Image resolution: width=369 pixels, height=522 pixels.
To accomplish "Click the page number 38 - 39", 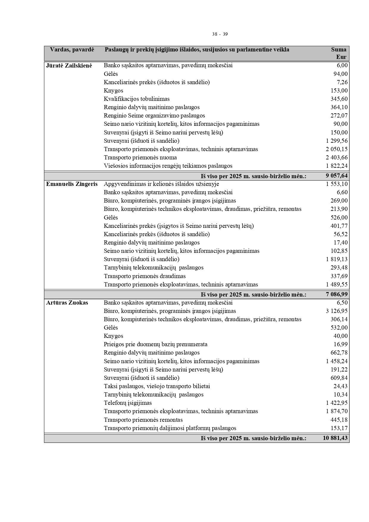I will [220, 34].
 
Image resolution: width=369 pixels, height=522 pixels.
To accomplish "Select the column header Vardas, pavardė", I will [72, 50].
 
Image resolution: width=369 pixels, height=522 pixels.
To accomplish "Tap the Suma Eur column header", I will [339, 53].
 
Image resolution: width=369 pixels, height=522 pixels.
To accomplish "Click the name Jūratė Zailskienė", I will [69, 65].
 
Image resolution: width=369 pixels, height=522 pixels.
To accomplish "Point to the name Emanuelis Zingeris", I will [72, 184].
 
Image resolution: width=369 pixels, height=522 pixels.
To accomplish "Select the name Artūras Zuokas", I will [67, 303].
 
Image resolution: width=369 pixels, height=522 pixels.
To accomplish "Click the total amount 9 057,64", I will [337, 176].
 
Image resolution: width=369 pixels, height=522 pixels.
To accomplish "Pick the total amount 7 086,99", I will [337, 294].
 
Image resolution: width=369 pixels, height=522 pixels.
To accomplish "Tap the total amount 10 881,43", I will [335, 438].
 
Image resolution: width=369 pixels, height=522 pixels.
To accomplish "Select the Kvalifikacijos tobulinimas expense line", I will [137, 99].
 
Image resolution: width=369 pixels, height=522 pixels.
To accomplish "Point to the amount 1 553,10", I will [337, 184].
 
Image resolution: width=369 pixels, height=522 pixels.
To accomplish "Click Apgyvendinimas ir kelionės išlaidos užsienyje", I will [161, 184].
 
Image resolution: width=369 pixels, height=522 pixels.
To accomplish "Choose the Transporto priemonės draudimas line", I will [145, 276].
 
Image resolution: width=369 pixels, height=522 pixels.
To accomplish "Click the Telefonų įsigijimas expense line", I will [128, 403].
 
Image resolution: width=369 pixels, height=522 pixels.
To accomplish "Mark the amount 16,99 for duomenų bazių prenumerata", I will [340, 344].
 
